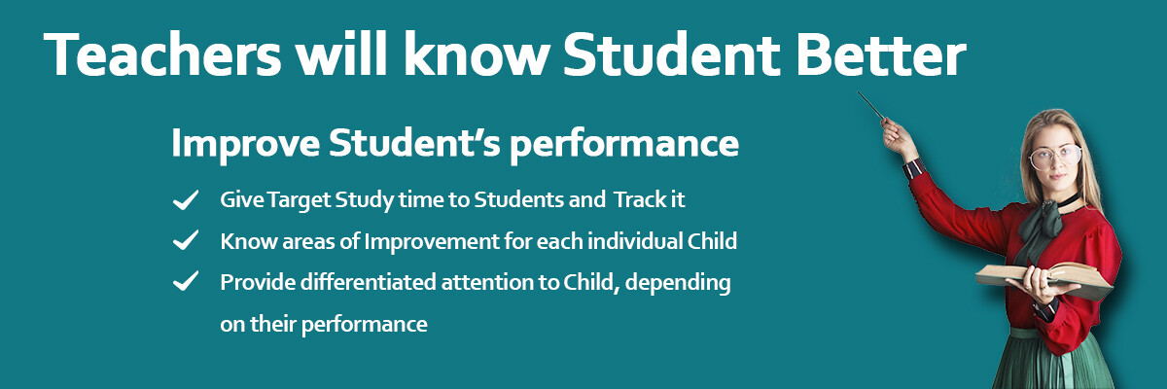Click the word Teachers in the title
coord(162,54)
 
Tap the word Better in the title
coord(880,54)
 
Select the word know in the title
coord(477,54)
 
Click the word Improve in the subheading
coord(245,144)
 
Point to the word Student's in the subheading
coord(414,142)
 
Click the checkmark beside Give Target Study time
coord(186,200)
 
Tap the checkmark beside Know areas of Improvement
coord(186,240)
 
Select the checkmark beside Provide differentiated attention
coord(186,281)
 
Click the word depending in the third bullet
coord(678,283)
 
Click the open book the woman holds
coord(1043,279)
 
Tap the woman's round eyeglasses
coord(1055,156)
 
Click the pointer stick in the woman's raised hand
coord(871,106)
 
